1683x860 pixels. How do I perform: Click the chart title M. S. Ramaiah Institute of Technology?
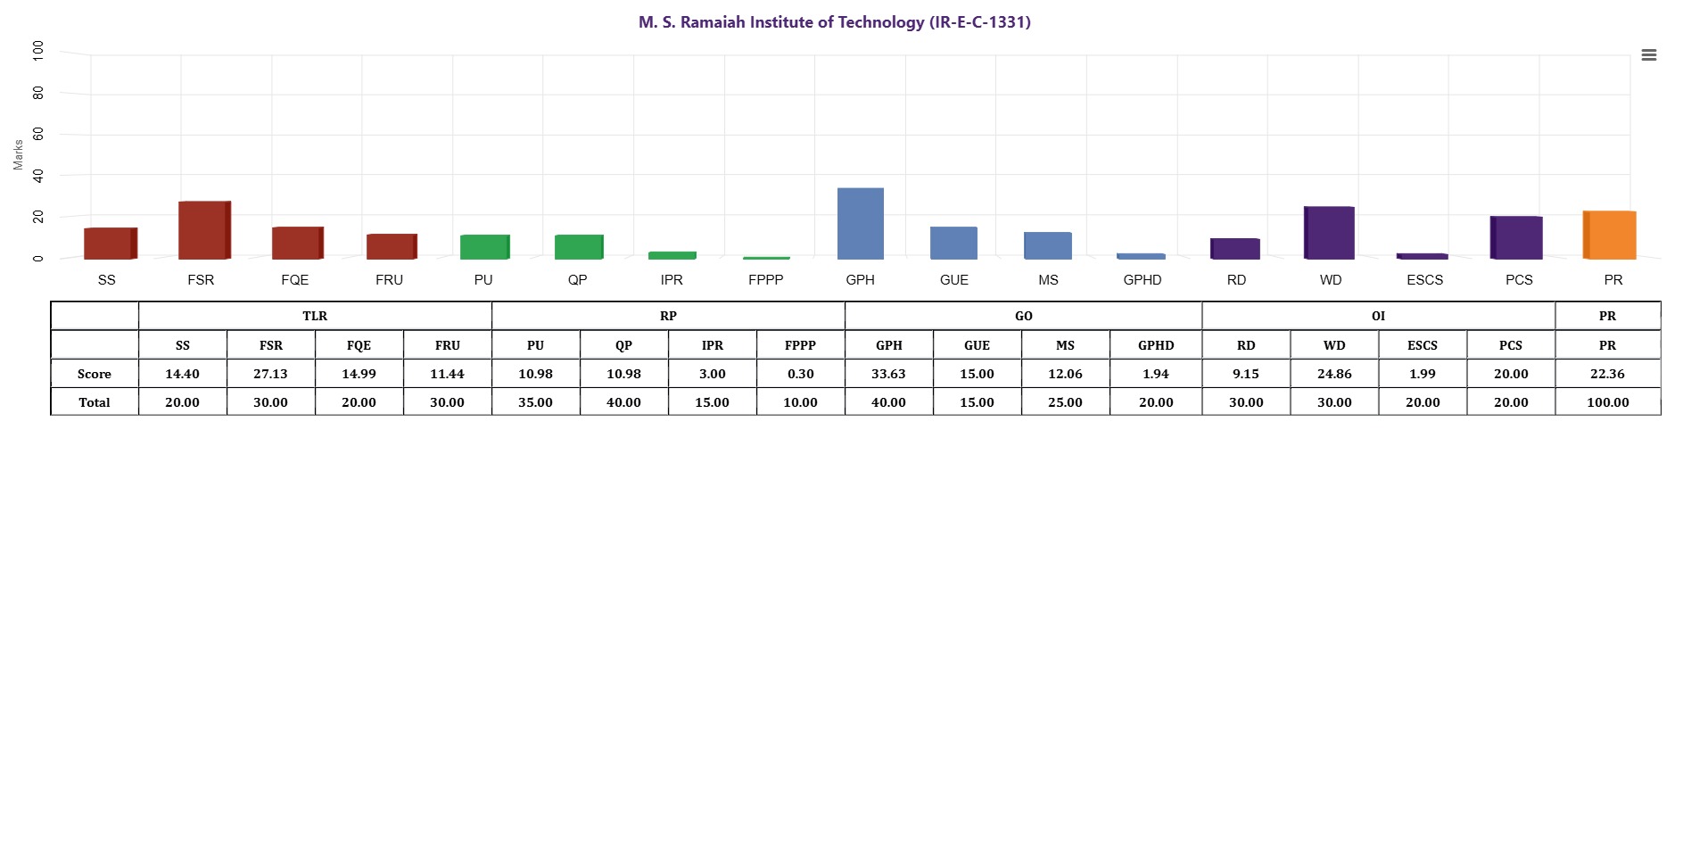[834, 22]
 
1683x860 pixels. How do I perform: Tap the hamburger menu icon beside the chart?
[1648, 55]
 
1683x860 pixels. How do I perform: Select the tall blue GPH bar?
[860, 224]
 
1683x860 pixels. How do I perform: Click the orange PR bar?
[1610, 236]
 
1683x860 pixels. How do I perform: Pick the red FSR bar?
[203, 230]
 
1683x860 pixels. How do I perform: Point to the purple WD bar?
[1330, 233]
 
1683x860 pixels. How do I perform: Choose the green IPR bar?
[672, 255]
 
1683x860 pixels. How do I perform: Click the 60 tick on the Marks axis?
[38, 134]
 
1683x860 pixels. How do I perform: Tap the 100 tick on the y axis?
[38, 50]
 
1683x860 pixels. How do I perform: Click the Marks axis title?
[18, 154]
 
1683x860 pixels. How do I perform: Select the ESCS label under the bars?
[1424, 280]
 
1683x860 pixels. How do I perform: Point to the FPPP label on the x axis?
[765, 280]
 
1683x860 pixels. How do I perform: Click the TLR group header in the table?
[315, 316]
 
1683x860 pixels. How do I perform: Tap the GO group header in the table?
[1023, 316]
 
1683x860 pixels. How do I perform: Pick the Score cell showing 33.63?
[888, 374]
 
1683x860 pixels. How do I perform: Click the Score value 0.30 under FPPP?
[800, 374]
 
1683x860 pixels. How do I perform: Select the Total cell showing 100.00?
[1607, 402]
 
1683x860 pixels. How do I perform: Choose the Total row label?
[95, 402]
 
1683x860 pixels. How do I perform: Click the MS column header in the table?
[1065, 345]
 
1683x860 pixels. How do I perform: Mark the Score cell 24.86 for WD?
[1334, 374]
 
